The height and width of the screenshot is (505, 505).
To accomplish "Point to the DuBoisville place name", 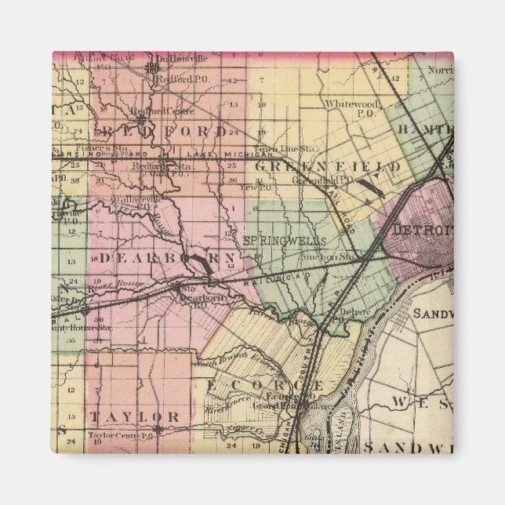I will [181, 58].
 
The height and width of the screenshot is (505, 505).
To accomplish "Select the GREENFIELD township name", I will [329, 167].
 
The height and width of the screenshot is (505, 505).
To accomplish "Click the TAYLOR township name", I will [134, 416].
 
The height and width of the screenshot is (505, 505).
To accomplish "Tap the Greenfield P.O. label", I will [314, 180].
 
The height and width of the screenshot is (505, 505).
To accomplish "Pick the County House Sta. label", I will [82, 327].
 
